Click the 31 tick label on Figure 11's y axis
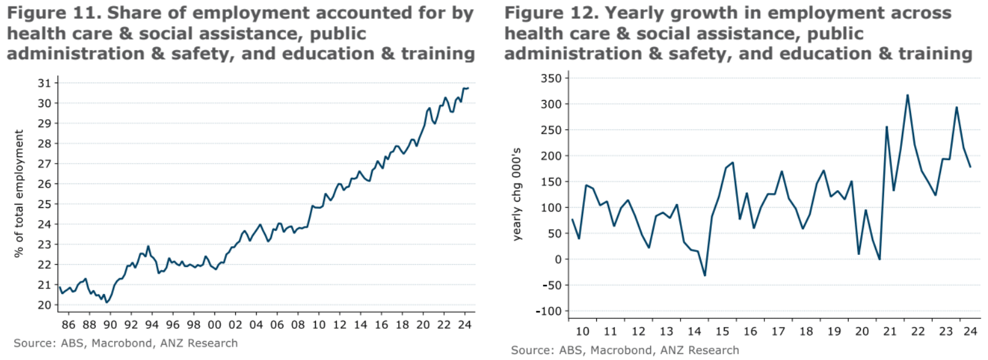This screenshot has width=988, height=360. point(44,83)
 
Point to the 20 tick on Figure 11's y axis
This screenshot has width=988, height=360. point(44,305)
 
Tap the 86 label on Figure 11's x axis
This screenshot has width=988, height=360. point(68,325)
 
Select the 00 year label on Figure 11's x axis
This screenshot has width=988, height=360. point(214,325)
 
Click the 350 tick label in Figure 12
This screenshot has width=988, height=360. point(551,78)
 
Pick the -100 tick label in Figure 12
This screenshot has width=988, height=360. point(548,311)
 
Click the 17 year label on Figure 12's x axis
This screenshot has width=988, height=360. point(778,331)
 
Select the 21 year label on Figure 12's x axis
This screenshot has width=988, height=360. point(890,331)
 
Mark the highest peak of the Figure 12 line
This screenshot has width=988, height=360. point(907,95)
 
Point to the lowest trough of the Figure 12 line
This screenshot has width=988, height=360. point(704,276)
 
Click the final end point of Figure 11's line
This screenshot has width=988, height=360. point(468,88)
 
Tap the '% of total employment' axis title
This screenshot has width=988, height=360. point(19,193)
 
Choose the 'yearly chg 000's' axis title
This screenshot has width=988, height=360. point(517,194)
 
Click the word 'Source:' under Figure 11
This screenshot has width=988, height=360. point(34,343)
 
